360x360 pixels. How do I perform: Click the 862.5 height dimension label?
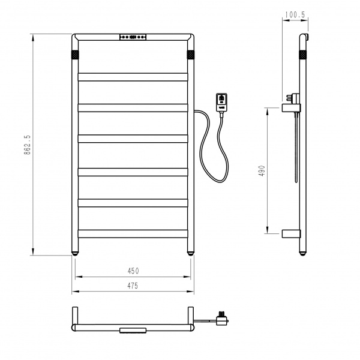[27, 145]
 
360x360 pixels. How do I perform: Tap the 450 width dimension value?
[133, 271]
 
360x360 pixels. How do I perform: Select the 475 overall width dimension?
[133, 286]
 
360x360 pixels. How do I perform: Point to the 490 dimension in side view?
[262, 170]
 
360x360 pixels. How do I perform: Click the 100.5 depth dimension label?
[295, 14]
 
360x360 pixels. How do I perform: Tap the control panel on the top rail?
[133, 37]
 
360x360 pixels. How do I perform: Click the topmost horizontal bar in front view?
[133, 77]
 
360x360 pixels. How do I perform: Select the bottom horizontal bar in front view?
[133, 234]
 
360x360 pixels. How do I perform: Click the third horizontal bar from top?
[133, 139]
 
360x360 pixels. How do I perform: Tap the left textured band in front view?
[75, 55]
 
